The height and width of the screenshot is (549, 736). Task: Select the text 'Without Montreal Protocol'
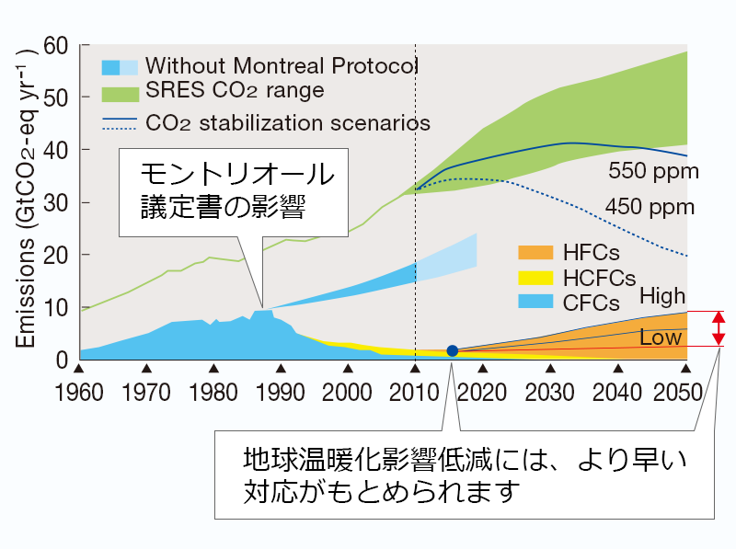pos(282,66)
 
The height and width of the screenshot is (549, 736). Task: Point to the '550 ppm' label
pos(653,171)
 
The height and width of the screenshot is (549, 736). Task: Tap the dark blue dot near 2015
pos(452,350)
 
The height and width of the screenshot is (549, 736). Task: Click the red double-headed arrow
pos(719,328)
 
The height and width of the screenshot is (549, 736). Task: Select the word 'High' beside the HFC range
pos(662,295)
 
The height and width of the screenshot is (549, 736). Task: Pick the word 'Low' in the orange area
pos(661,337)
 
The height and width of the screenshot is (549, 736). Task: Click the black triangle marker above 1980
pos(213,367)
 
